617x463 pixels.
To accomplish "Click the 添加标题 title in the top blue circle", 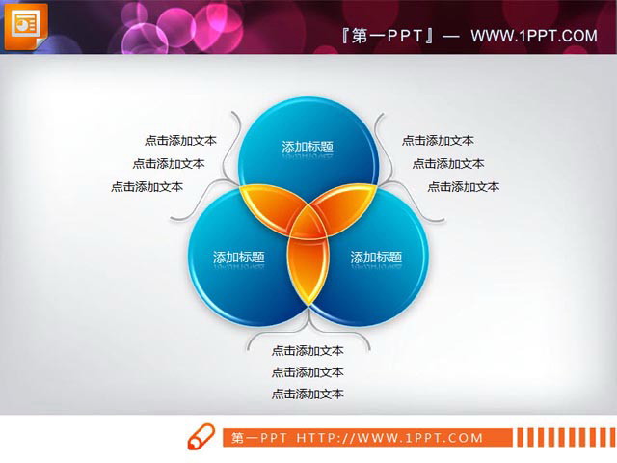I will coord(308,147).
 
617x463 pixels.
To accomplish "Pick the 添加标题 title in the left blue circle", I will coord(239,257).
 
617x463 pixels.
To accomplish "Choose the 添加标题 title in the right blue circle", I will coord(376,257).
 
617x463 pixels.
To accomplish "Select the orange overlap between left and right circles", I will coord(308,275).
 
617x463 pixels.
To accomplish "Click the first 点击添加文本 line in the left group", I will coord(180,140).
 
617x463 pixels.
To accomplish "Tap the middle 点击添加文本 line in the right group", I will coord(448,163).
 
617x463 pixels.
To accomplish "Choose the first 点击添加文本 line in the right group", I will coord(438,140).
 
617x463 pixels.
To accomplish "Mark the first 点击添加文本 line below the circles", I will coord(308,350).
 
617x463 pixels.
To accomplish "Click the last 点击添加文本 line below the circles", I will coord(308,394).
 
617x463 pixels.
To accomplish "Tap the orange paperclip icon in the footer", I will coord(201,437).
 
